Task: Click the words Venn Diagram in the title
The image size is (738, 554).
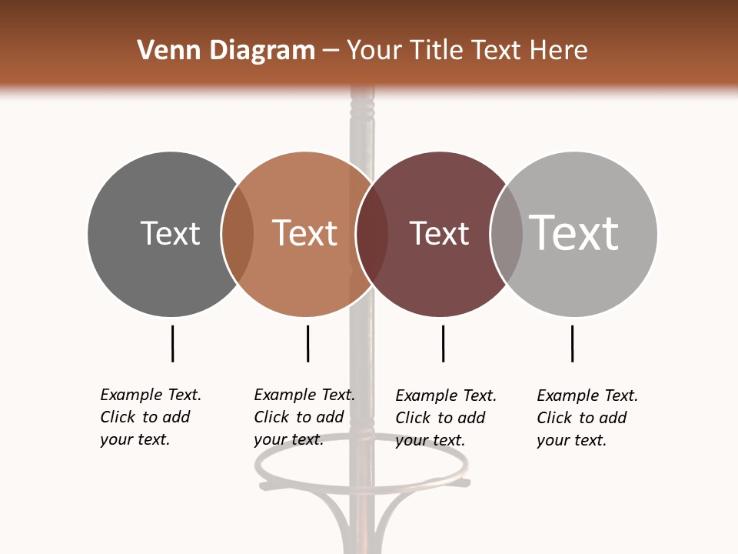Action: coord(226,51)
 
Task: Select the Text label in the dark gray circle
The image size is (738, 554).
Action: coord(170,233)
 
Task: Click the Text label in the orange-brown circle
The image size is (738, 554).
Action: coord(304,233)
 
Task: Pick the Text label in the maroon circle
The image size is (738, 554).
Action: coord(439,233)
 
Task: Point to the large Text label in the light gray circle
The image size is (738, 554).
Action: coord(573,232)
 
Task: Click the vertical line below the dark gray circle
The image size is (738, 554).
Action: coord(172,343)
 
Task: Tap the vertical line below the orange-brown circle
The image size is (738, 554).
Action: coord(307,343)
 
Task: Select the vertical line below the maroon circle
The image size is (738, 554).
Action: coord(443,343)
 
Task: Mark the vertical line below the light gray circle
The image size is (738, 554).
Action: coord(572,343)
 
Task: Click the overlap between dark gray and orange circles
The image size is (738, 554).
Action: coord(238,233)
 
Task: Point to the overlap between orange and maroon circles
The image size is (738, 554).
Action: coord(372,233)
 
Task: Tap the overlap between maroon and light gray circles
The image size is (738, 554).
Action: coord(506,233)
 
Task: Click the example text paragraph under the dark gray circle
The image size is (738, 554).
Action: coord(150,417)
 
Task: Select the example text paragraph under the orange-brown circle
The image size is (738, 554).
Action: coord(304,417)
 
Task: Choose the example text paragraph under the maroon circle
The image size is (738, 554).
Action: coord(445,418)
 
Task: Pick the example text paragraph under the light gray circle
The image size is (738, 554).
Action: coord(587,418)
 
